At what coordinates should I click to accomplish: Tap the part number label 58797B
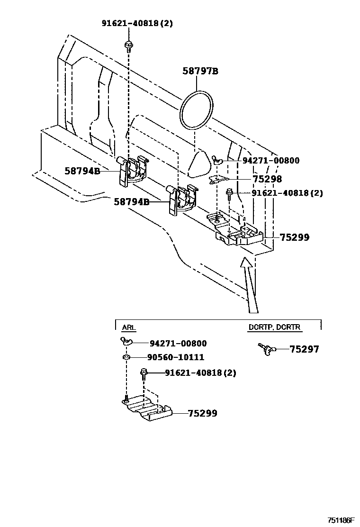pyautogui.click(x=200, y=72)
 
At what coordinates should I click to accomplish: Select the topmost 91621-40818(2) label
pyautogui.click(x=137, y=23)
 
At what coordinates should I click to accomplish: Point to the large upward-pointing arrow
pyautogui.click(x=249, y=284)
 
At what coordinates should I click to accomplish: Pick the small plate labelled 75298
pyautogui.click(x=219, y=179)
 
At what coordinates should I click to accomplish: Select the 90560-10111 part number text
pyautogui.click(x=177, y=357)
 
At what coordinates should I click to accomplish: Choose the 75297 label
pyautogui.click(x=304, y=349)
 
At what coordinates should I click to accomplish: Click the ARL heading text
pyautogui.click(x=128, y=327)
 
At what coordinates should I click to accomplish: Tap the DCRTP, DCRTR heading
pyautogui.click(x=274, y=327)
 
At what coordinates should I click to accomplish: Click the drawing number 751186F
pyautogui.click(x=339, y=520)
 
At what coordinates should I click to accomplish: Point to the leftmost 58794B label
pyautogui.click(x=82, y=171)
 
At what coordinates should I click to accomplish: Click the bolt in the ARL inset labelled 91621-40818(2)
pyautogui.click(x=144, y=374)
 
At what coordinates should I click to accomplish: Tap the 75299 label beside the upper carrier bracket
pyautogui.click(x=294, y=237)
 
